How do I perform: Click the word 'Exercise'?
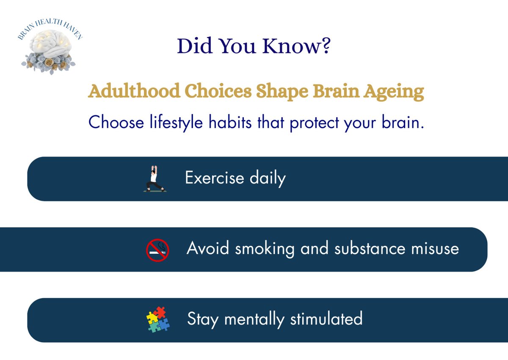(215, 178)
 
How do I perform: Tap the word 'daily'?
(267, 179)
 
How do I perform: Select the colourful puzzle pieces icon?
(157, 320)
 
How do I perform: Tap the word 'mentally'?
(255, 319)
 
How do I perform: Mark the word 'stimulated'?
(326, 319)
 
